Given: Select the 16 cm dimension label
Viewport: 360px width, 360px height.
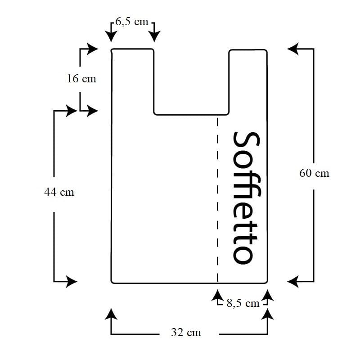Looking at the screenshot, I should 81,78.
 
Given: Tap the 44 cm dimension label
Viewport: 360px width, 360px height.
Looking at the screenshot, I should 59,192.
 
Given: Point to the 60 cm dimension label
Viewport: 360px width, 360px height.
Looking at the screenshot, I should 314,173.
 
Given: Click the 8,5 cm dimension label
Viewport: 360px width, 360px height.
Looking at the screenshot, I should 243,303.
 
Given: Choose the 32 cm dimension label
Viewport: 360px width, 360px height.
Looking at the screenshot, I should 186,333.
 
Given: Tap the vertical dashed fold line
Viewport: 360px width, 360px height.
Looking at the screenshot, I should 217,198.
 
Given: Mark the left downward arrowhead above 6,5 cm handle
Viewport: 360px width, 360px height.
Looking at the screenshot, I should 111,36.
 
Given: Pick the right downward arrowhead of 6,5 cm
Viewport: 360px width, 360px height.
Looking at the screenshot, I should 155,36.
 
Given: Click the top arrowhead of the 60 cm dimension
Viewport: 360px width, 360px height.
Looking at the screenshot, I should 293,49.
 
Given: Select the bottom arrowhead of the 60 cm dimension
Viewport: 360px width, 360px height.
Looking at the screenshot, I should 293,282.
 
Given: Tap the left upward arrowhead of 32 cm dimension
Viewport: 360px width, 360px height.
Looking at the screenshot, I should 111,313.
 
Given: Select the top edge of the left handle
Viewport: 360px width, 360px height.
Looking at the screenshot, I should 133,49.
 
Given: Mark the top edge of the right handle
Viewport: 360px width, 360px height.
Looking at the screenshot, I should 248,49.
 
